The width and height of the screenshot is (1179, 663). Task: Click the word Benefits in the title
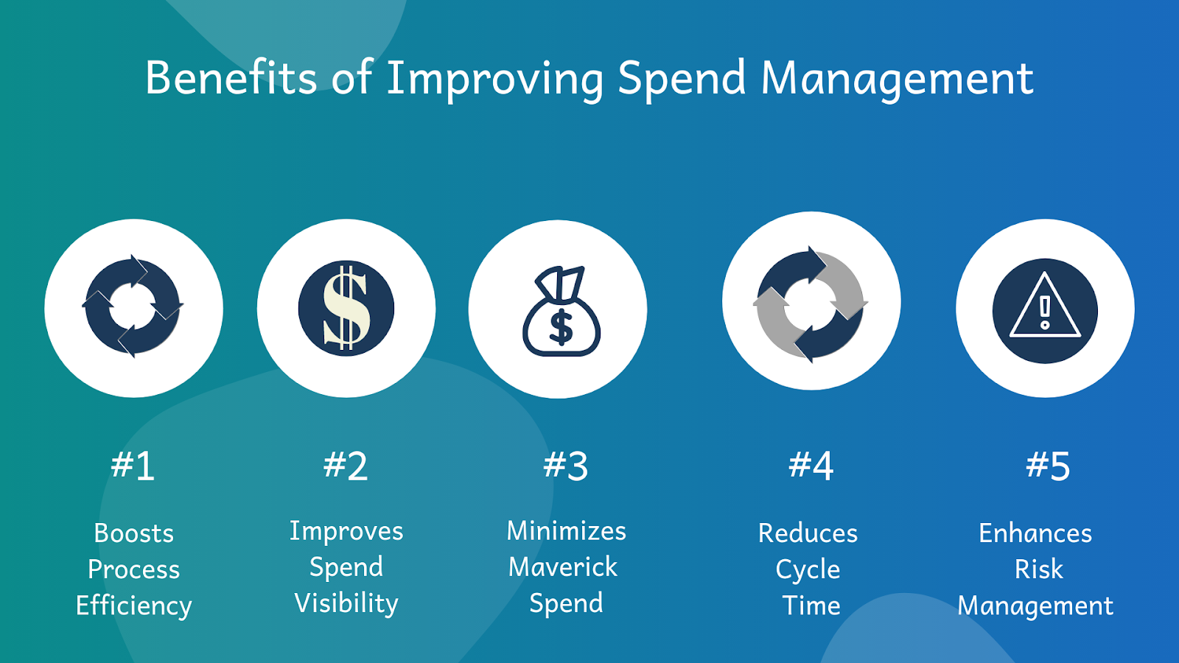[231, 78]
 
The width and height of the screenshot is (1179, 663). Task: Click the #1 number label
[133, 466]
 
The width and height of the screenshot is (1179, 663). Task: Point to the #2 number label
[346, 466]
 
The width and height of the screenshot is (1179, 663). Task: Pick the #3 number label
[565, 466]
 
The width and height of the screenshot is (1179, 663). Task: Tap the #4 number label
[811, 466]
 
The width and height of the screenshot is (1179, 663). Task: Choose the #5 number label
[1047, 466]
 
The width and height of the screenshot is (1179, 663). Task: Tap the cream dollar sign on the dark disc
[346, 308]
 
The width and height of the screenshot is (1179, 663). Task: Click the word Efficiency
[133, 606]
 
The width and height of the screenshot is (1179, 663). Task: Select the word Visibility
[346, 603]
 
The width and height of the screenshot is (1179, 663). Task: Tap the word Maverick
[563, 566]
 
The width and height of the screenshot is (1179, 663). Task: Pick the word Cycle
[808, 570]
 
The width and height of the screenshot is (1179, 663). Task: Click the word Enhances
[1035, 533]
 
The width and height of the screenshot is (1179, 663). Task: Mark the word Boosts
[133, 533]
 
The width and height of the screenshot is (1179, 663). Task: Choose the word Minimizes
[567, 530]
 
